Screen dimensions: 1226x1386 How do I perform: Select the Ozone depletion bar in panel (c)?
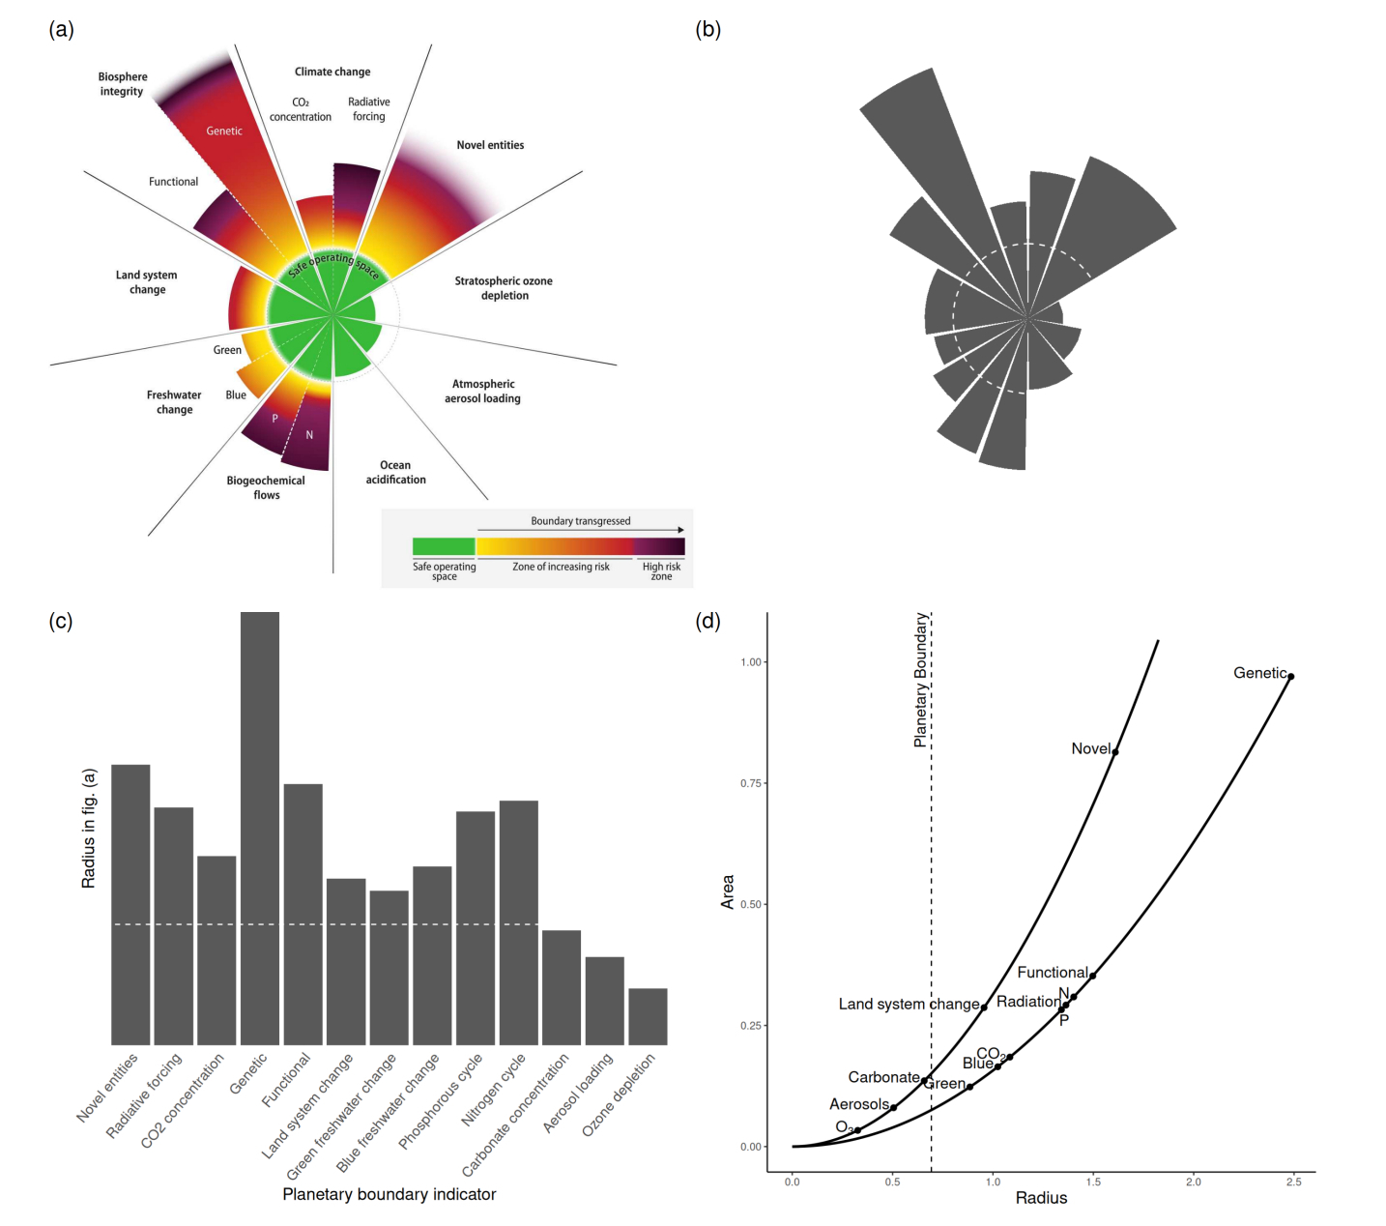point(648,1016)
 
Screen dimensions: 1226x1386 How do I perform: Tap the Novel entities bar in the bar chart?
point(130,904)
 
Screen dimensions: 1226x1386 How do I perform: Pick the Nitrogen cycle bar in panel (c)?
point(519,922)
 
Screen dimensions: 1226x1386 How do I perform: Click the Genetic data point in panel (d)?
point(1290,677)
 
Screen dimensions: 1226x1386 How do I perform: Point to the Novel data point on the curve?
point(1115,751)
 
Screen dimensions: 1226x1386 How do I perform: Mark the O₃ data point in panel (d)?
point(857,1130)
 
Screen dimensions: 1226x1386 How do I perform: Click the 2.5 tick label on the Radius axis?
point(1293,1182)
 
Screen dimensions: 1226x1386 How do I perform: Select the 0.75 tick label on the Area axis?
point(751,783)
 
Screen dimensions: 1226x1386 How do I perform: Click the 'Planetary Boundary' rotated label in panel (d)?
point(921,680)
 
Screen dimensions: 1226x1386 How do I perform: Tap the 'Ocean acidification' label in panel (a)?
point(395,472)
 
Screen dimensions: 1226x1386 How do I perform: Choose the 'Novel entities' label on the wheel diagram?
point(490,145)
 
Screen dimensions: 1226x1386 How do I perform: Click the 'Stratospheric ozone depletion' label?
point(504,288)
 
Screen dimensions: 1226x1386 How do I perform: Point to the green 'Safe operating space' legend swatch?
point(444,546)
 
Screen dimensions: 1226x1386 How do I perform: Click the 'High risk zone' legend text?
point(661,571)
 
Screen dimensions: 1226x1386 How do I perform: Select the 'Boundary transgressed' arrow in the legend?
point(580,530)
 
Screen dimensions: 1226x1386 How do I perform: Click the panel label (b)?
point(707,29)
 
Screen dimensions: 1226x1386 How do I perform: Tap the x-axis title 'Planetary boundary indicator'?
point(389,1194)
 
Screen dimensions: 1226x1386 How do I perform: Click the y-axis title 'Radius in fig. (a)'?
point(89,829)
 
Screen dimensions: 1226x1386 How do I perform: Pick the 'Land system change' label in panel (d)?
point(909,1004)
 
